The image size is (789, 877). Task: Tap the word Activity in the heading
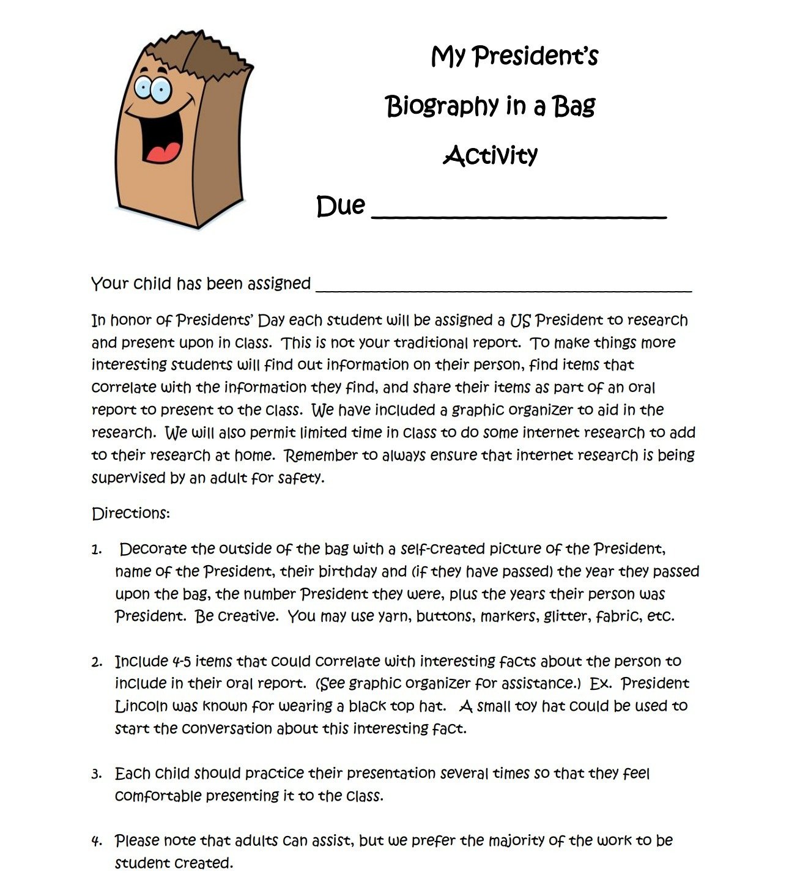(x=490, y=155)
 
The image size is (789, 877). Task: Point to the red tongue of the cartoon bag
(x=163, y=152)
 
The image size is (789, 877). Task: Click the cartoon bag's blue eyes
(x=153, y=89)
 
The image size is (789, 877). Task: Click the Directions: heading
(x=130, y=513)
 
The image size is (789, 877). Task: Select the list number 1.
(x=97, y=550)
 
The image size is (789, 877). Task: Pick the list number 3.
(x=97, y=774)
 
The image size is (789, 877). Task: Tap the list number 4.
(x=97, y=842)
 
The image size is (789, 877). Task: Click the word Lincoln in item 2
(x=141, y=706)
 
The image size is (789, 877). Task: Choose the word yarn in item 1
(x=393, y=616)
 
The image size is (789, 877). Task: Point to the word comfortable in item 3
(x=158, y=796)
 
